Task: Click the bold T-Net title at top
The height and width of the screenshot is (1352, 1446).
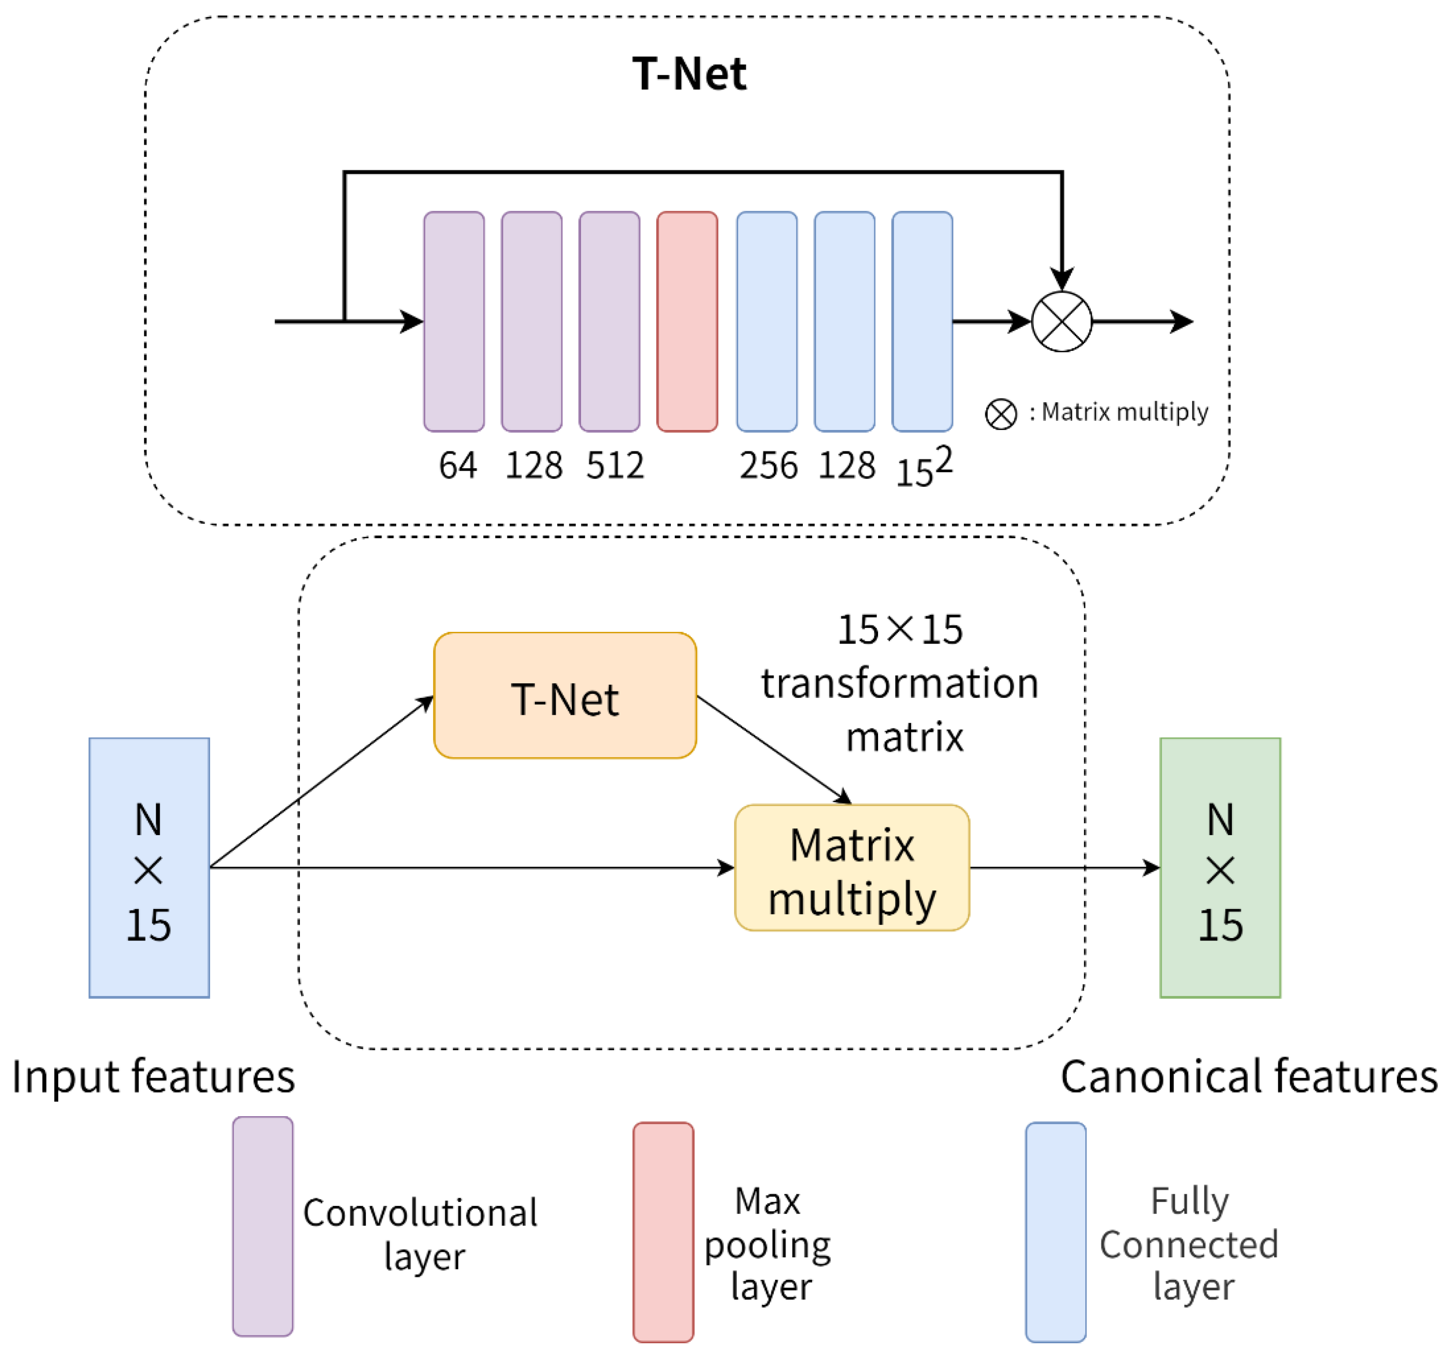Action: click(688, 74)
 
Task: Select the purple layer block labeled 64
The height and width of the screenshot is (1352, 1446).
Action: click(454, 321)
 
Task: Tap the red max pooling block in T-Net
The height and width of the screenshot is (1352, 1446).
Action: click(687, 321)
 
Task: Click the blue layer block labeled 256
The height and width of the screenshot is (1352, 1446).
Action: click(766, 321)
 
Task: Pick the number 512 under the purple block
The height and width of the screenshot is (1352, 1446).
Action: click(615, 465)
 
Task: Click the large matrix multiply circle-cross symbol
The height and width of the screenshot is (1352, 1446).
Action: click(1061, 321)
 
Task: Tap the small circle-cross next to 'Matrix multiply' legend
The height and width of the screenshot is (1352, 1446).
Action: click(1001, 414)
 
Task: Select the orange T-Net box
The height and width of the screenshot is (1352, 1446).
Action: click(565, 695)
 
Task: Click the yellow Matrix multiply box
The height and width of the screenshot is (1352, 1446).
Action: click(852, 868)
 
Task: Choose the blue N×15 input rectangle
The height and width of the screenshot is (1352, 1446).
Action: click(149, 868)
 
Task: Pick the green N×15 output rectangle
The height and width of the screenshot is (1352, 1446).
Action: click(1220, 868)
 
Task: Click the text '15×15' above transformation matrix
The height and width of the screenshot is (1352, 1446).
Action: click(900, 630)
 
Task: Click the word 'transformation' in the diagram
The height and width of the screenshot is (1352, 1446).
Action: click(900, 684)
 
